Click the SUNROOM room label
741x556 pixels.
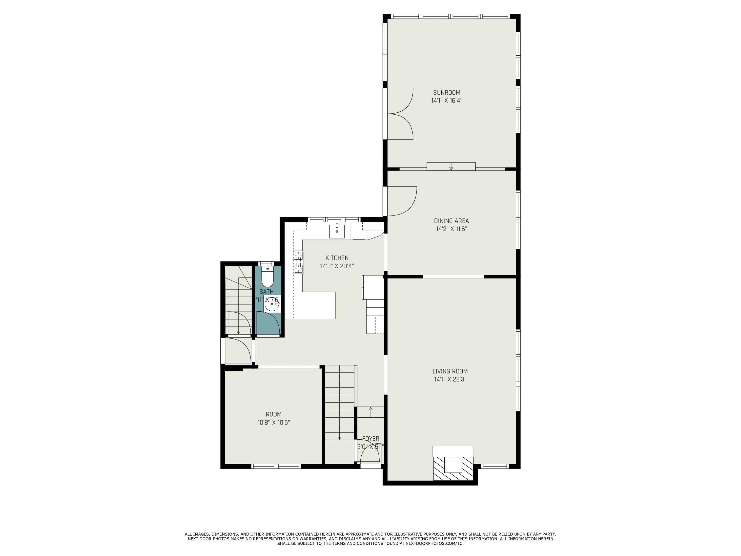point(447,92)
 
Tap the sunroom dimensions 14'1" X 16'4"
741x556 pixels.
point(447,101)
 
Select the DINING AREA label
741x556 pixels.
point(451,221)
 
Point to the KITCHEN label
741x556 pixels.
point(337,258)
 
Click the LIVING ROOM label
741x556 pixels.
point(450,371)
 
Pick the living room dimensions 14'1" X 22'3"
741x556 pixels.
point(450,379)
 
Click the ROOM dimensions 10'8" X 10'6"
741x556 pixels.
point(273,423)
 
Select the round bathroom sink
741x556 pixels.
point(272,304)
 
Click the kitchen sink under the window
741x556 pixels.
point(337,231)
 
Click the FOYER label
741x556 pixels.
point(370,439)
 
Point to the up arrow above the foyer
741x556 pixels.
point(370,409)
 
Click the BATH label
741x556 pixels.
point(266,292)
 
